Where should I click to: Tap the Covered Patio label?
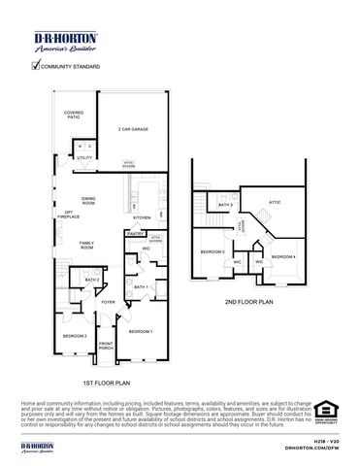click(x=74, y=116)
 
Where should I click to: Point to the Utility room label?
click(x=84, y=156)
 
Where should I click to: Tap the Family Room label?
click(x=87, y=245)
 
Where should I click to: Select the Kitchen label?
click(x=142, y=217)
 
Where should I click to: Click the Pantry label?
click(x=135, y=234)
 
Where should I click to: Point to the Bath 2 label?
click(x=92, y=280)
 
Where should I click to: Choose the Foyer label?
click(x=108, y=302)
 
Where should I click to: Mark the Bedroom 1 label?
click(x=142, y=332)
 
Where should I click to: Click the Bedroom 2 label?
click(x=75, y=336)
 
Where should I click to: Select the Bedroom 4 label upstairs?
click(x=282, y=256)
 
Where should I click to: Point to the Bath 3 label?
click(x=225, y=206)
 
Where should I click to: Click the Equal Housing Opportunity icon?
click(x=325, y=415)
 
